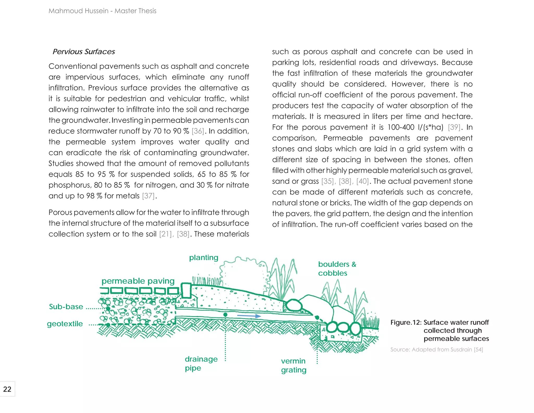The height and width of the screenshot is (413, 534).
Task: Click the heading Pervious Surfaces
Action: tap(84, 52)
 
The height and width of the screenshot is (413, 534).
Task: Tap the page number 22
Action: tap(7, 389)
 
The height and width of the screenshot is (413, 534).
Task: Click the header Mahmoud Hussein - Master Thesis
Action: tap(102, 11)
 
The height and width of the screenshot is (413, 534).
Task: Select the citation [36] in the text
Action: tap(198, 131)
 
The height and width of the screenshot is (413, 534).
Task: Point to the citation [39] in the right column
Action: tap(454, 127)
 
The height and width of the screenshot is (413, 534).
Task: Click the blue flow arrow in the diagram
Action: tap(249, 316)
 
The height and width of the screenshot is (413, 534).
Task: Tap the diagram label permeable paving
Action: tap(138, 281)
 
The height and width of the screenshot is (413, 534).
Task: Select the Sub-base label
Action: tap(66, 307)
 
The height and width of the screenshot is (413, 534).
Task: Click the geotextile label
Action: tap(65, 324)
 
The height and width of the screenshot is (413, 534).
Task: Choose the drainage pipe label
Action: tap(201, 363)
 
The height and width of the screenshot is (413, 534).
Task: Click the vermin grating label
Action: tap(294, 365)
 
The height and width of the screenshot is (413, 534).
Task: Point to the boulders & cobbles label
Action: tap(337, 269)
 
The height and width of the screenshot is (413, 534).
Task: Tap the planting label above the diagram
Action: tap(204, 258)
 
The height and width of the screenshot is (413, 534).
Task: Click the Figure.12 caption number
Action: tap(406, 322)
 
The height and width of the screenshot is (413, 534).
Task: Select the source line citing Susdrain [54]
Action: tap(436, 350)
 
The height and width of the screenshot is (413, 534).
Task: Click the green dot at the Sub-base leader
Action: tap(108, 309)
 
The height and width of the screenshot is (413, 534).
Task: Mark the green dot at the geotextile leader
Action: tap(108, 325)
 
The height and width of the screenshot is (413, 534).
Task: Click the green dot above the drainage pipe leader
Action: tap(226, 315)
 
